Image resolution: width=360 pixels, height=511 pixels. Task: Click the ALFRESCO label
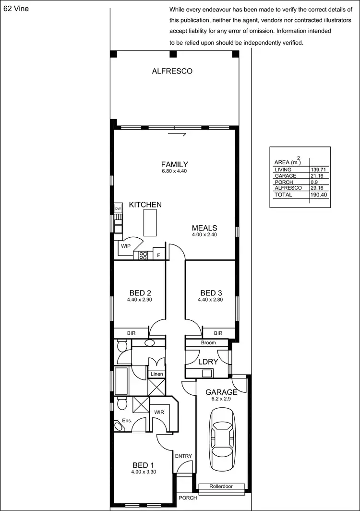point(172,71)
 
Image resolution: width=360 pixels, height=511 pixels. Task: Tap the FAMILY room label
point(174,164)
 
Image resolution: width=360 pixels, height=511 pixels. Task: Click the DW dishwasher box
point(118,209)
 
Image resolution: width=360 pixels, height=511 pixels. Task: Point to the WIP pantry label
point(126,246)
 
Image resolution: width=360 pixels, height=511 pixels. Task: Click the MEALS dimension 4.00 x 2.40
point(204,235)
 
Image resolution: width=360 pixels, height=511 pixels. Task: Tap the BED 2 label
point(140,293)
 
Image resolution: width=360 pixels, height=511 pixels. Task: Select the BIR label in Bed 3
point(218,333)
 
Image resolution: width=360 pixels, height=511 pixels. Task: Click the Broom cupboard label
point(208,343)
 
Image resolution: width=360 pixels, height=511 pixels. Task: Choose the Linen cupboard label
point(156,374)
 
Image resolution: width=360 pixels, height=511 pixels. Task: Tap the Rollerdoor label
point(221,487)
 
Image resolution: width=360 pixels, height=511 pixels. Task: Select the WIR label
point(159,412)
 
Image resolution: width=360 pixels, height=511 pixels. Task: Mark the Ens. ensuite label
point(127,421)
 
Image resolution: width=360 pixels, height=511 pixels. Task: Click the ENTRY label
point(183,456)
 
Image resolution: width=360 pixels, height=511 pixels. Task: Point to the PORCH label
point(188,498)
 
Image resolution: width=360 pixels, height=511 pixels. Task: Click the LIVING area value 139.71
point(320,170)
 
